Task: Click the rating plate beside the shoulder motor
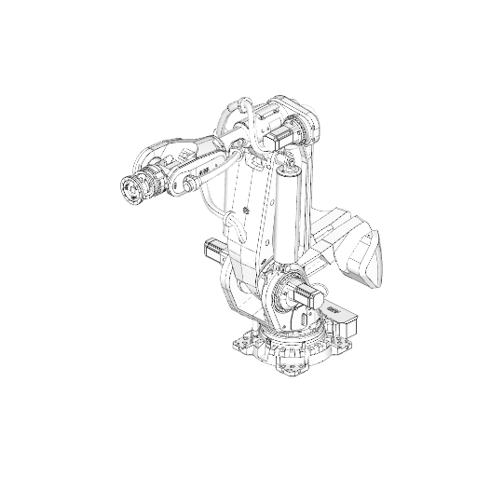332,307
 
